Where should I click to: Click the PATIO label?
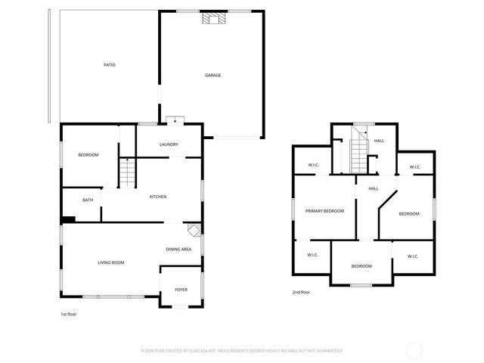[110, 65]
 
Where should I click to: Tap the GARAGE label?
[213, 75]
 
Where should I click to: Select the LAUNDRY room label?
[168, 144]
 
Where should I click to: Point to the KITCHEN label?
[157, 197]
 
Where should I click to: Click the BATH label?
[88, 200]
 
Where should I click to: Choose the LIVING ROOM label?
[110, 262]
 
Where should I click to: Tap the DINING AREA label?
[178, 249]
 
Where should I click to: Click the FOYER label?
[181, 290]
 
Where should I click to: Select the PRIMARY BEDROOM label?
[324, 211]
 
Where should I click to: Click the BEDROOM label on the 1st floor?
[88, 155]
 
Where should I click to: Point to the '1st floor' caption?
[68, 314]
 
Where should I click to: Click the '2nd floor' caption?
[301, 292]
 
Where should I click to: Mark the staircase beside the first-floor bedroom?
[127, 173]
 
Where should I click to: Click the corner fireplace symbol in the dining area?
[194, 231]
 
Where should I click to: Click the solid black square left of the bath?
[69, 219]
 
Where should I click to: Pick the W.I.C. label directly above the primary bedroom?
[313, 166]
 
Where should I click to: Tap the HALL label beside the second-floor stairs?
[379, 141]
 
